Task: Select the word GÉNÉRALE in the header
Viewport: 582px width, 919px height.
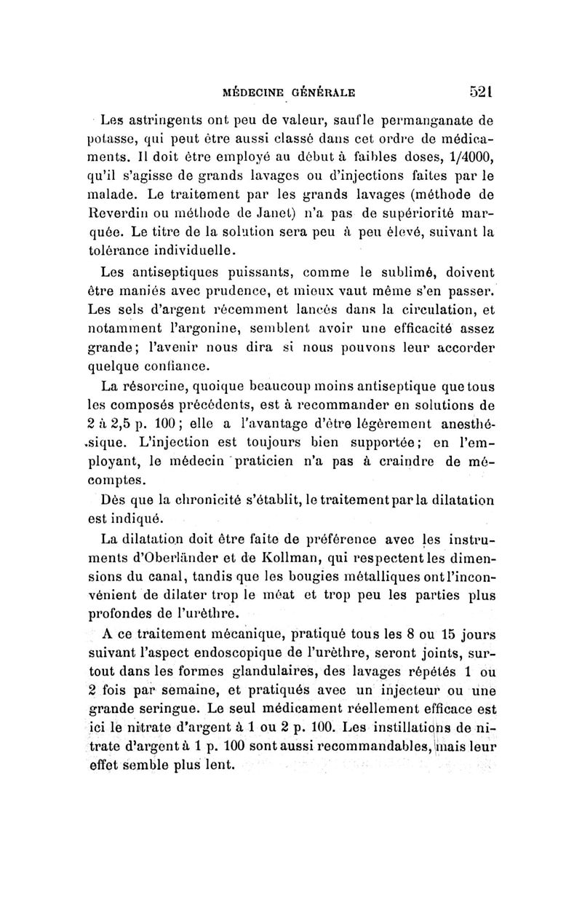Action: [323, 93]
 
